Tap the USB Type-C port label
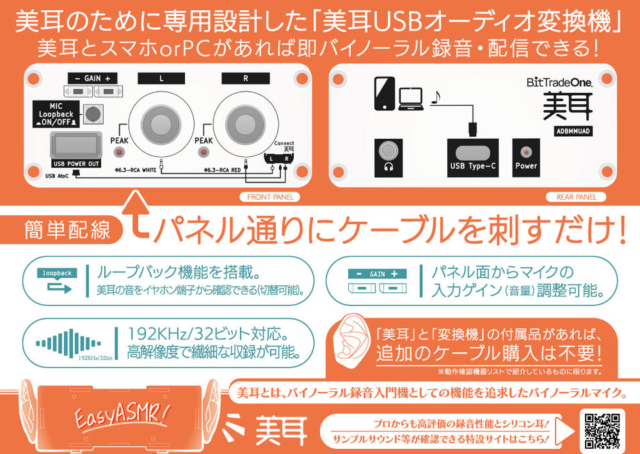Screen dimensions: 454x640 (473, 165)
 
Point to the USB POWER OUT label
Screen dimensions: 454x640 (76, 163)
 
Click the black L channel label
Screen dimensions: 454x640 (161, 78)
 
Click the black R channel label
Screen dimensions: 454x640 (246, 78)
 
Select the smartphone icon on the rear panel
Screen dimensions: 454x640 (385, 93)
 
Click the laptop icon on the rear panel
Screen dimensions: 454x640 (410, 99)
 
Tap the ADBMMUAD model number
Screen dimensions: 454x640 (567, 130)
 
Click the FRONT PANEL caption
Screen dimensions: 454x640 (270, 197)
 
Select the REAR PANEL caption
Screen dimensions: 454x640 (576, 197)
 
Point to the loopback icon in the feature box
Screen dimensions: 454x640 (56, 280)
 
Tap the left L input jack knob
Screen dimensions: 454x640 (161, 123)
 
